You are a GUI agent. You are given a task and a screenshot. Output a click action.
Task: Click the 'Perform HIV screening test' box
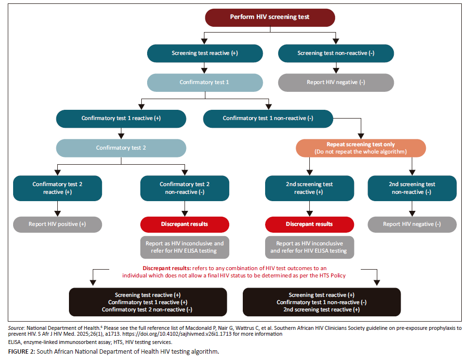click(x=269, y=17)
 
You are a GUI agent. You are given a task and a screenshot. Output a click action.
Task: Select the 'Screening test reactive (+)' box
click(x=204, y=53)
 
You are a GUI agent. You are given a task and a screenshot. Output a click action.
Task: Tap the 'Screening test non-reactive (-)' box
click(x=336, y=53)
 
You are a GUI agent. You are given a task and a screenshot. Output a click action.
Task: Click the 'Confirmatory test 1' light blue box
click(x=204, y=82)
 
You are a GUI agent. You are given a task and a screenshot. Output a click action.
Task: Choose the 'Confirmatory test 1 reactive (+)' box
click(x=121, y=118)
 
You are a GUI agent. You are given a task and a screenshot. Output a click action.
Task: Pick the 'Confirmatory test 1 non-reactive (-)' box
click(x=268, y=118)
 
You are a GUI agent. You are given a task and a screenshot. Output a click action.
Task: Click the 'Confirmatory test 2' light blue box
click(x=121, y=148)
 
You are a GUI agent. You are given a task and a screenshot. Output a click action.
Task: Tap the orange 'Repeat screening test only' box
click(x=361, y=148)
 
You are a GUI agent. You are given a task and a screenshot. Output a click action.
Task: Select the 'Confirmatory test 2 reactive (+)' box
click(x=57, y=188)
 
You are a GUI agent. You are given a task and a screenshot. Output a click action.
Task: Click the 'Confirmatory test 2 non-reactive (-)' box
click(x=185, y=188)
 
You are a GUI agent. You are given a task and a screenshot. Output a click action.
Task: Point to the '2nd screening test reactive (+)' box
click(x=310, y=188)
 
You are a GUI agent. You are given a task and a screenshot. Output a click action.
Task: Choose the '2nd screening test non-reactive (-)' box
click(x=412, y=188)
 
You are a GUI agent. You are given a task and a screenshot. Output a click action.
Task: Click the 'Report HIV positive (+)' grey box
click(x=57, y=224)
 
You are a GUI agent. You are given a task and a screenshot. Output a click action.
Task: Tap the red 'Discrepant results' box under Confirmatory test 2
click(x=185, y=224)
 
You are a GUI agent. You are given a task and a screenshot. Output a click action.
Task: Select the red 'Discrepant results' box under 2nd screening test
click(x=310, y=224)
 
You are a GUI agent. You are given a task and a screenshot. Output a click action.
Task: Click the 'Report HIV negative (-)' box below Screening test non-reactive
click(x=336, y=82)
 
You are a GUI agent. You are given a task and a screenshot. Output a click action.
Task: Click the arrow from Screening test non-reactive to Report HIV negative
click(x=336, y=68)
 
